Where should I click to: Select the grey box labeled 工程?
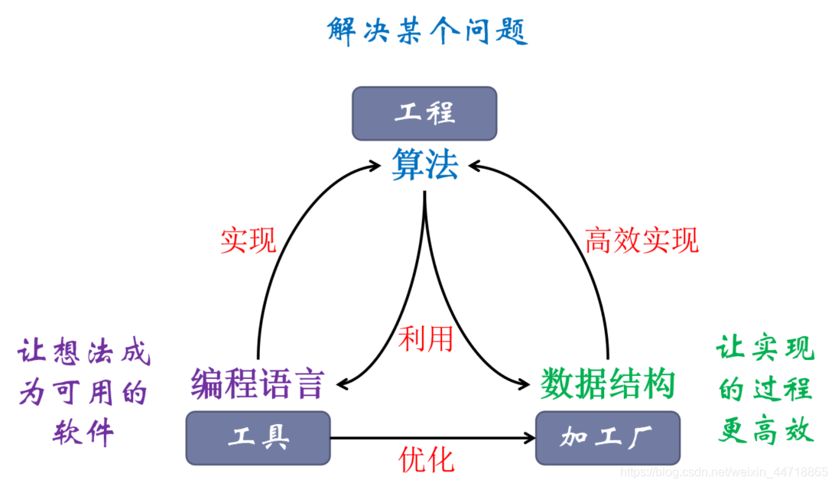coord(424,113)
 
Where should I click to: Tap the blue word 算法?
coord(425,165)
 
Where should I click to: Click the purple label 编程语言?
coord(258,383)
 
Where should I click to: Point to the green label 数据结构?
coord(607,383)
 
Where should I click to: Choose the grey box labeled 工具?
coord(258,438)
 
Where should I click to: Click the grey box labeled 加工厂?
coord(607,438)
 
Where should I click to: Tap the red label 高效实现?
coord(642,240)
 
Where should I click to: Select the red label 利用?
coord(426,338)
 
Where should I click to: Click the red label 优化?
coord(426,459)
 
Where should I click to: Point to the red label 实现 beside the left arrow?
coord(248,240)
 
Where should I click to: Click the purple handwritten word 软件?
coord(83,433)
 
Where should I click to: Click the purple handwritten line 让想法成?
coord(84,354)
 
